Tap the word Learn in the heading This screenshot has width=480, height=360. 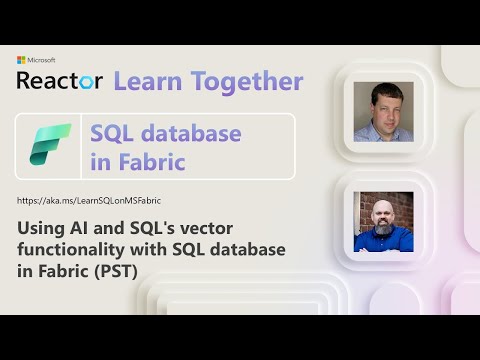click(148, 81)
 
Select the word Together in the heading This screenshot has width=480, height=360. click(244, 81)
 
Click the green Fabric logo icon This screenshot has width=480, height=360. click(51, 147)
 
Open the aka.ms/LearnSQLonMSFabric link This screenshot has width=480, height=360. click(89, 201)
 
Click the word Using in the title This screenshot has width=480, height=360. click(42, 227)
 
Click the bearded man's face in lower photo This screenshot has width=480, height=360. click(383, 213)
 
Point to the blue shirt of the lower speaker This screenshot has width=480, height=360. click(383, 240)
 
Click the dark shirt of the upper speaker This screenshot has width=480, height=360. click(383, 133)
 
